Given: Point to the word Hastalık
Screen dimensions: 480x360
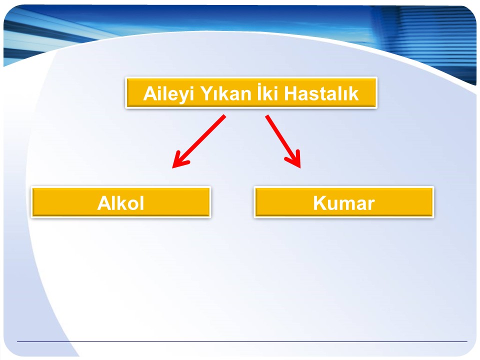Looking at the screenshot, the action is (x=321, y=93).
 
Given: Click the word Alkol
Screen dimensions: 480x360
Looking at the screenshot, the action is (x=120, y=202).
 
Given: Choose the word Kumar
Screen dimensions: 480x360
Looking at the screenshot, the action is (x=344, y=203).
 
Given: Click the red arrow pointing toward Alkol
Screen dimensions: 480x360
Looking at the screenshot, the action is (x=198, y=141).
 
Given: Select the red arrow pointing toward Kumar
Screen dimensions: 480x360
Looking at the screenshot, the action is (x=283, y=141).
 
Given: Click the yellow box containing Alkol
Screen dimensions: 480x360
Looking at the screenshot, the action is (x=121, y=202).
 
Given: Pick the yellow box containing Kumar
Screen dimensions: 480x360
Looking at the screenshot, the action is (x=344, y=202).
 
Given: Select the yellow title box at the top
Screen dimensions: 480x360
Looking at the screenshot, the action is (x=251, y=93).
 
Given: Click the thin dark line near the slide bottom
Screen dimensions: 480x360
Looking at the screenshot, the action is (x=242, y=341).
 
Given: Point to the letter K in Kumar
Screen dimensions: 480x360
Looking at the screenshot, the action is (x=320, y=203).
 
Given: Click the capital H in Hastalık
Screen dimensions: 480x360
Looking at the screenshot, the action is (x=290, y=93).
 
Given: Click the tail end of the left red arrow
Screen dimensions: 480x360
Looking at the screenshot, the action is (x=224, y=115).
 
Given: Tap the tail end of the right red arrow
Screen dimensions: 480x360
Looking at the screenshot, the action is (x=266, y=116).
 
